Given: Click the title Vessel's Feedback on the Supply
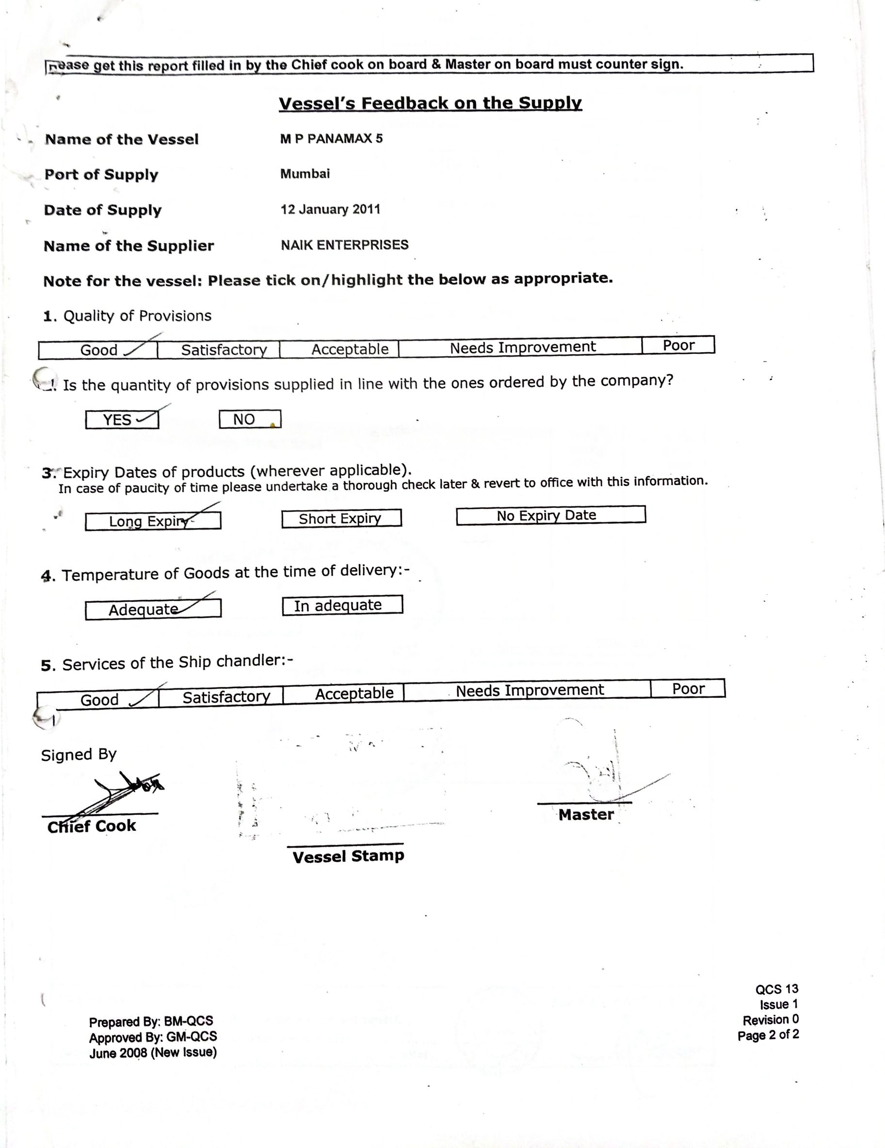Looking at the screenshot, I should [430, 103].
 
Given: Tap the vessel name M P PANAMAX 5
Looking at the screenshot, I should [331, 139].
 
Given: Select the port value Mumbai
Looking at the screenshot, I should [305, 174].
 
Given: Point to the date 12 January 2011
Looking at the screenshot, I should [330, 209].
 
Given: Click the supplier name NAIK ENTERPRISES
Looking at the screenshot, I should [344, 245].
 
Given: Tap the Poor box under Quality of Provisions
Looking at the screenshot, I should [678, 345].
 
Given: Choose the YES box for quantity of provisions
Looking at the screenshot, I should [122, 420].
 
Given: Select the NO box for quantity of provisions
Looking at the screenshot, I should [250, 420].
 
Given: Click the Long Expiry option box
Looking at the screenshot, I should [152, 521].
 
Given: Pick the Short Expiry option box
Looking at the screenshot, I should [341, 519].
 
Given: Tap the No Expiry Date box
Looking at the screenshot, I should [550, 515].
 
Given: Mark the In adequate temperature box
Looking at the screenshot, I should [342, 605].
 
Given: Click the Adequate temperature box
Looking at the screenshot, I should [152, 609].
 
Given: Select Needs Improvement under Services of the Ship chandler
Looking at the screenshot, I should [529, 690].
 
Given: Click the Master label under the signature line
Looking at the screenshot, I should [586, 815].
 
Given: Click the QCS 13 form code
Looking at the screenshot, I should [777, 989].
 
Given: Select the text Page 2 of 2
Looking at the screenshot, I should [768, 1035].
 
